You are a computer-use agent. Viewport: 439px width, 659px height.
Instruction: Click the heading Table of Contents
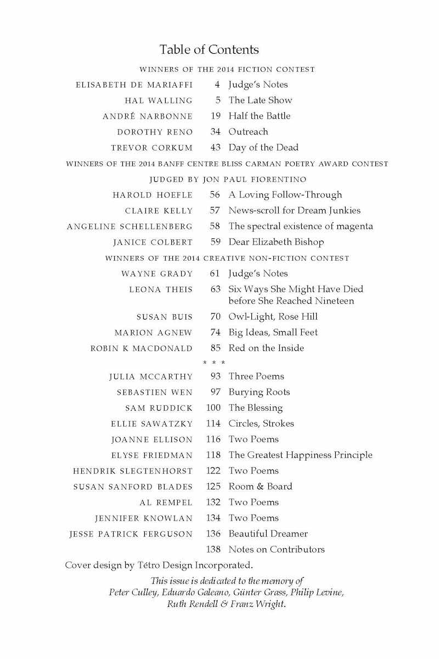tap(209, 50)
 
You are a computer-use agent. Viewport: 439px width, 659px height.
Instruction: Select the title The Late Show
tap(260, 100)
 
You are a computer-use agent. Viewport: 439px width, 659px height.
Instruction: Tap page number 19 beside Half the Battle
tap(216, 116)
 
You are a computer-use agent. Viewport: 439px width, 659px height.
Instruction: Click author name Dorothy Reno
tap(155, 132)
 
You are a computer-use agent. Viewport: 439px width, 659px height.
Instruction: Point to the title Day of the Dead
tap(263, 148)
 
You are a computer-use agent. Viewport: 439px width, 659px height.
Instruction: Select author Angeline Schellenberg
tap(130, 227)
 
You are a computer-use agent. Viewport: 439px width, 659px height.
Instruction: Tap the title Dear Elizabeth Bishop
tap(276, 242)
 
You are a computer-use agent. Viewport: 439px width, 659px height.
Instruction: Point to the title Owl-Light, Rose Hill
tap(273, 317)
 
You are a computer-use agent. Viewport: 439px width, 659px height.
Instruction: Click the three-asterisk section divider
tap(214, 363)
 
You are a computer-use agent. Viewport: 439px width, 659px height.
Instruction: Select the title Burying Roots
tap(259, 393)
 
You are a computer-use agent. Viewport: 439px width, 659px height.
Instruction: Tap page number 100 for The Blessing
tap(213, 408)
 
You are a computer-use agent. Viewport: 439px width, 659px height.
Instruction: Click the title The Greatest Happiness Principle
tap(300, 455)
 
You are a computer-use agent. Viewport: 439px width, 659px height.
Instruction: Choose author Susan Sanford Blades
tap(133, 487)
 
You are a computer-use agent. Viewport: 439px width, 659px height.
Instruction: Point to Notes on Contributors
tap(277, 550)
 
